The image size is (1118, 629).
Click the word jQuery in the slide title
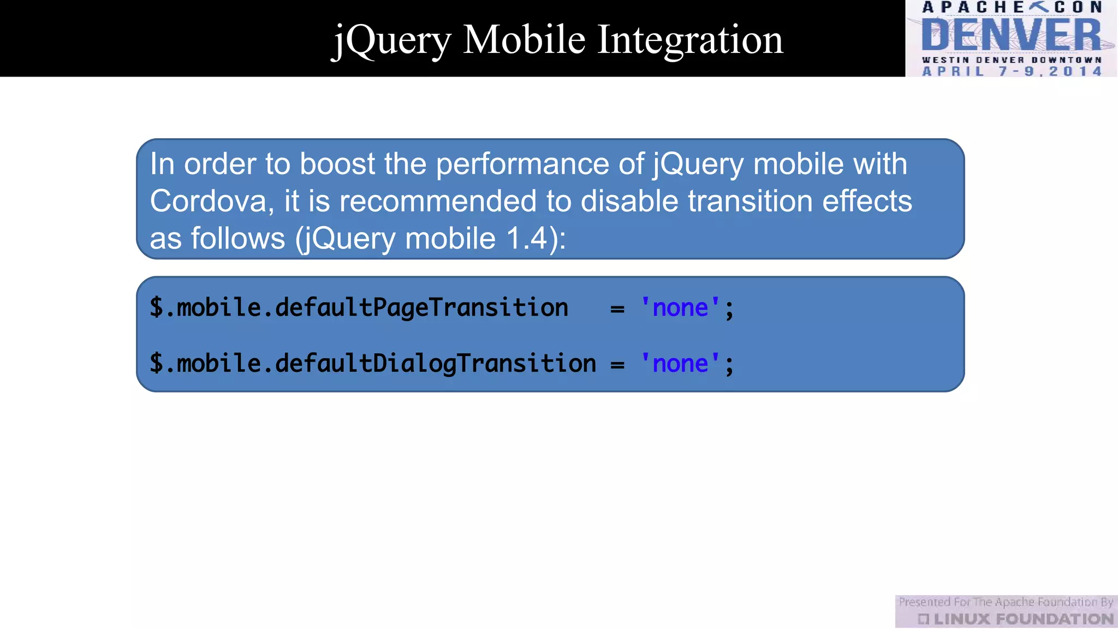click(x=391, y=41)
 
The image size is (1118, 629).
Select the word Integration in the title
click(x=690, y=41)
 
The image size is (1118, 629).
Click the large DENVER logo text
click(x=1011, y=35)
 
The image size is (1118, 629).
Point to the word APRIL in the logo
click(x=953, y=72)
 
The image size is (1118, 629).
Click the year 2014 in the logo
click(x=1075, y=72)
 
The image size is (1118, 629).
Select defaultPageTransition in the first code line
click(x=421, y=308)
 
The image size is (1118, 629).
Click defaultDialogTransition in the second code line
click(x=435, y=364)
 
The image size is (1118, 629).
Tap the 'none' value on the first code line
click(x=680, y=308)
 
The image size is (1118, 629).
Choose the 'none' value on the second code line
click(x=680, y=364)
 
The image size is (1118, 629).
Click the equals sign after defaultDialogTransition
click(x=617, y=365)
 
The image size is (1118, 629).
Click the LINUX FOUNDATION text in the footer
click(x=1023, y=619)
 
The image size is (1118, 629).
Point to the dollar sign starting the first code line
click(x=156, y=308)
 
